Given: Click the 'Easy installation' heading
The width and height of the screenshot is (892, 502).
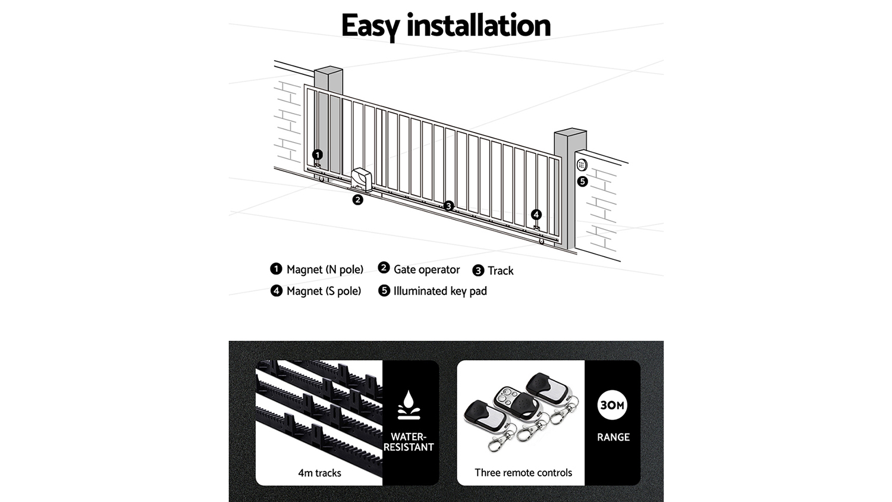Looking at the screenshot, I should pos(445,26).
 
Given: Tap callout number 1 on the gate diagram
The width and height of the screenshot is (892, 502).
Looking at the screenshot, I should pos(318,155).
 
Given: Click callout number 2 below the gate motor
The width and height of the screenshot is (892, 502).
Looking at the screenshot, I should pos(357,200).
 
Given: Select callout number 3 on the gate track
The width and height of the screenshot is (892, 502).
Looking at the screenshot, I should pos(448,206).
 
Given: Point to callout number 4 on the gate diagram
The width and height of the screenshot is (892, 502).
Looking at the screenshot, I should pos(536,215).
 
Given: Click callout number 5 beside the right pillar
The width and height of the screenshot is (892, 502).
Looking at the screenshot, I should pos(583,181).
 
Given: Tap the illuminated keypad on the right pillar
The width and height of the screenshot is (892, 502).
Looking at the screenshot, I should pos(582,165).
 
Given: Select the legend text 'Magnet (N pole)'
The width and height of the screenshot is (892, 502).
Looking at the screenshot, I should pos(325,269).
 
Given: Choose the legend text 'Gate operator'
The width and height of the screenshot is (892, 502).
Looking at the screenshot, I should pos(426,269).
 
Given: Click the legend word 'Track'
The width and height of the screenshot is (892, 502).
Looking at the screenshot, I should pos(500,271).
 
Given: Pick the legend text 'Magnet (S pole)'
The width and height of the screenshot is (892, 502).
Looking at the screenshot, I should pos(323,291).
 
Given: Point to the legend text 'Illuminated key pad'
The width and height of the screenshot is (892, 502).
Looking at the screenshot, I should pos(440,291).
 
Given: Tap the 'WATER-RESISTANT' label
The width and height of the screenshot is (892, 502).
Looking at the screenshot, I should pos(409,442).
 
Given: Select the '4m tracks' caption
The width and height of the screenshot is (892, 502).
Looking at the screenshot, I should pos(319,473).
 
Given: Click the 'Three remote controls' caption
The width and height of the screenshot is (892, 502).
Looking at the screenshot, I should pos(523,473).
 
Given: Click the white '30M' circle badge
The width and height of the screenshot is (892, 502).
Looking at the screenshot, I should pos(613,405).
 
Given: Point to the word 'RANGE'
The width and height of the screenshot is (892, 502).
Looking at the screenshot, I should pos(613,437).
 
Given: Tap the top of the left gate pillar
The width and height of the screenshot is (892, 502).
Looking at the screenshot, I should pos(329,71).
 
